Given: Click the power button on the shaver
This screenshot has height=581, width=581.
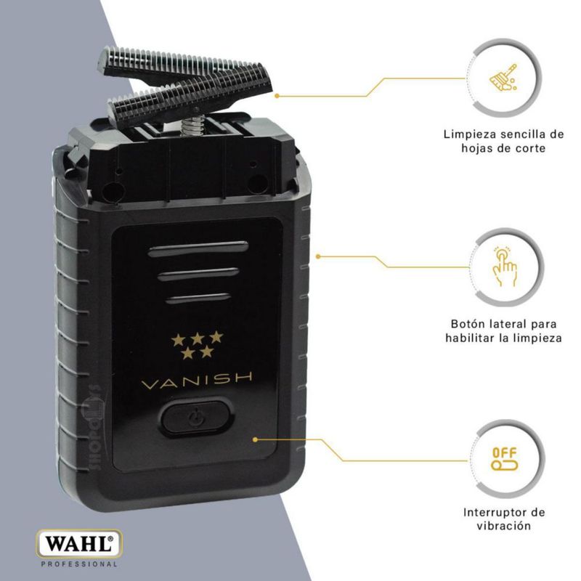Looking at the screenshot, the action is pyautogui.click(x=197, y=417).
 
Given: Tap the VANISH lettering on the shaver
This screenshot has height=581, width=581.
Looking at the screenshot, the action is pyautogui.click(x=197, y=381).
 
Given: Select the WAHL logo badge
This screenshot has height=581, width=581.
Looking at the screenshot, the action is pyautogui.click(x=79, y=544).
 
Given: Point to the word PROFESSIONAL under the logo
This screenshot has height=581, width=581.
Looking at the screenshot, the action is pyautogui.click(x=79, y=564).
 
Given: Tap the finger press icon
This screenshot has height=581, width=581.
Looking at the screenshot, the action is pyautogui.click(x=504, y=266).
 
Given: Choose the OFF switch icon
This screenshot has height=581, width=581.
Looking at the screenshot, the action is pyautogui.click(x=504, y=459).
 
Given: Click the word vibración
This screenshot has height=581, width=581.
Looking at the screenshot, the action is pyautogui.click(x=503, y=526).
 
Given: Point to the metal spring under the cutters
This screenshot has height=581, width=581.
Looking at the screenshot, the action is pyautogui.click(x=189, y=125).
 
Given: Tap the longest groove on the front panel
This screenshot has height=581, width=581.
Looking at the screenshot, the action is pyautogui.click(x=198, y=248).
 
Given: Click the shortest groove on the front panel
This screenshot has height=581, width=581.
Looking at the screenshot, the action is pyautogui.click(x=198, y=298).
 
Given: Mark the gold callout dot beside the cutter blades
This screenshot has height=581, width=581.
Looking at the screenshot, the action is pyautogui.click(x=277, y=96).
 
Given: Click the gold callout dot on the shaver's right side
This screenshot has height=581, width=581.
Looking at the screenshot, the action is pyautogui.click(x=317, y=256).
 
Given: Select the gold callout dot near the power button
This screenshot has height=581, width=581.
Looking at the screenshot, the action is pyautogui.click(x=255, y=439).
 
